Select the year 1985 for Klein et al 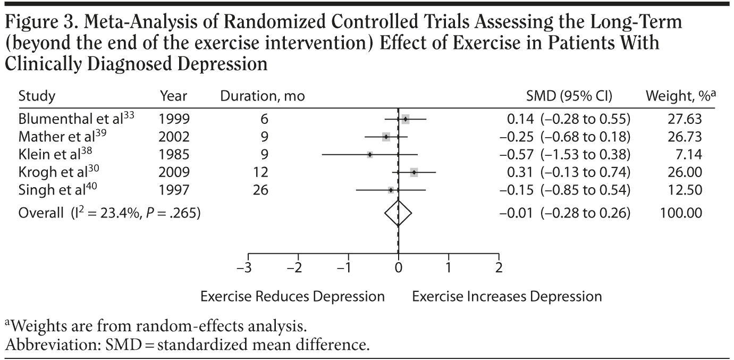click(x=174, y=154)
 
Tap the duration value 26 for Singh click(x=260, y=190)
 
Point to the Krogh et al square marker click(x=414, y=172)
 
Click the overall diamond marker click(x=398, y=213)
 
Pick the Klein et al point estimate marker click(x=370, y=154)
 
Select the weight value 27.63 click(x=686, y=119)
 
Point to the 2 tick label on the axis click(x=499, y=267)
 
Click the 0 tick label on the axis click(x=398, y=267)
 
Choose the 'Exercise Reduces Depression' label click(x=292, y=296)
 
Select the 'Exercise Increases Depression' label click(x=507, y=296)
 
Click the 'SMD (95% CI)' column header click(x=568, y=96)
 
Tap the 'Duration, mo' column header click(x=263, y=96)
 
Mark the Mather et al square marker click(x=386, y=137)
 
